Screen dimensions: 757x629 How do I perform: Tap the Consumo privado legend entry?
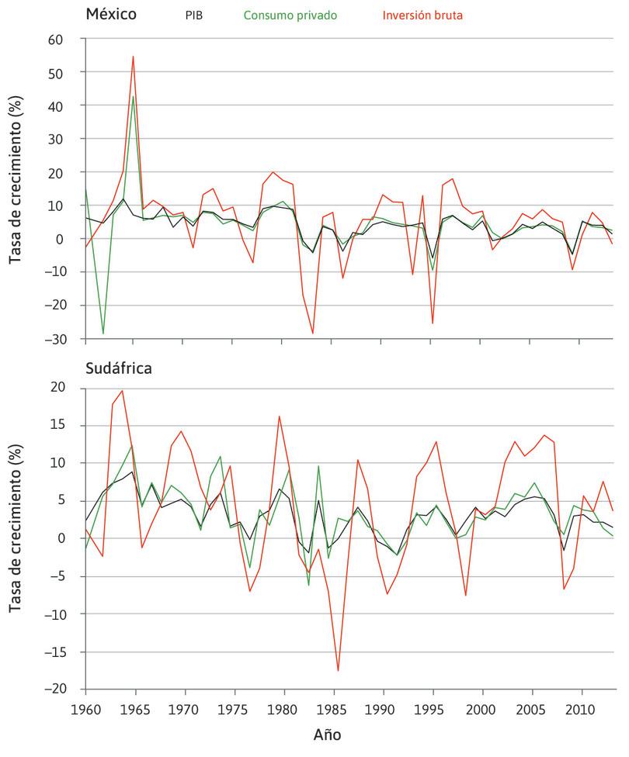tap(290, 15)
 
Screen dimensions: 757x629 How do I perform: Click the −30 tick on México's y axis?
tap(57, 340)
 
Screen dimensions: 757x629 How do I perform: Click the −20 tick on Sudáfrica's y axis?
tap(57, 690)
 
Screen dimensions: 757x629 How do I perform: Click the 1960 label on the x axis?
tap(85, 710)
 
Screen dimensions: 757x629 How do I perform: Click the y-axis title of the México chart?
tap(16, 188)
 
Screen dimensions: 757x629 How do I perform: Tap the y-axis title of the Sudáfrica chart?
tap(16, 538)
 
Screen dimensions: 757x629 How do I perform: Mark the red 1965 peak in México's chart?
tap(134, 56)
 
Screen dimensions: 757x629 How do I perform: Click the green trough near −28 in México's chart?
tap(103, 334)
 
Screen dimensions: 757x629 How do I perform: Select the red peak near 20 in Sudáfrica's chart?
tap(123, 390)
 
